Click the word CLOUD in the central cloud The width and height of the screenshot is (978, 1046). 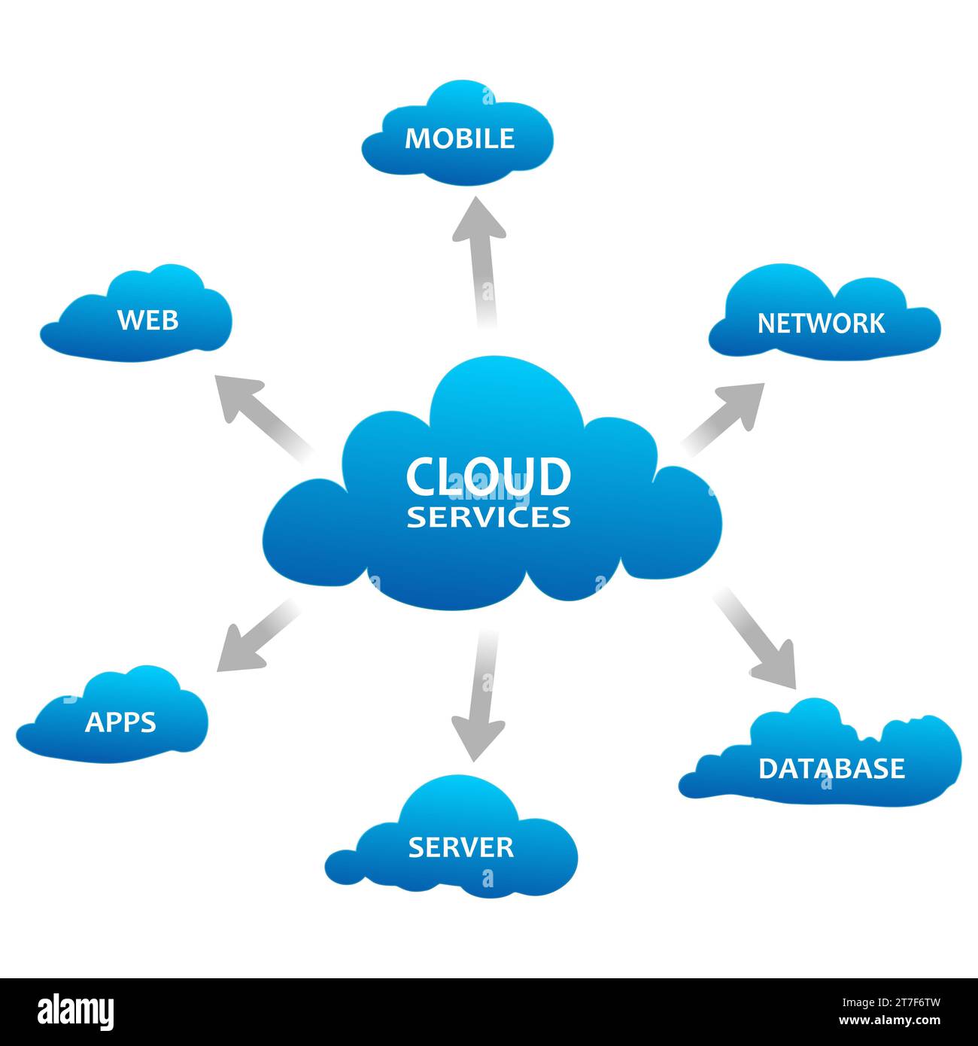pos(488,476)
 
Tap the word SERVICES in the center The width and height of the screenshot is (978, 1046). pos(488,517)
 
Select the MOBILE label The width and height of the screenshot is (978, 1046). pos(460,138)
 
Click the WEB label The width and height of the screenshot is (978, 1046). pos(148,320)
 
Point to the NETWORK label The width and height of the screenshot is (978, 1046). pos(821,324)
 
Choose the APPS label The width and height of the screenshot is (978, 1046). pos(120,722)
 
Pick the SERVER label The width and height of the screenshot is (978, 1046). pos(460,847)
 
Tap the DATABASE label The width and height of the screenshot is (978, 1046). pos(831,768)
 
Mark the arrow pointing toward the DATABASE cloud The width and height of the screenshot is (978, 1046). pos(756,640)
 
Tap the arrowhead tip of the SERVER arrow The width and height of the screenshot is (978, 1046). pos(476,759)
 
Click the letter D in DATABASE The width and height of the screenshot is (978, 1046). pos(767,768)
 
